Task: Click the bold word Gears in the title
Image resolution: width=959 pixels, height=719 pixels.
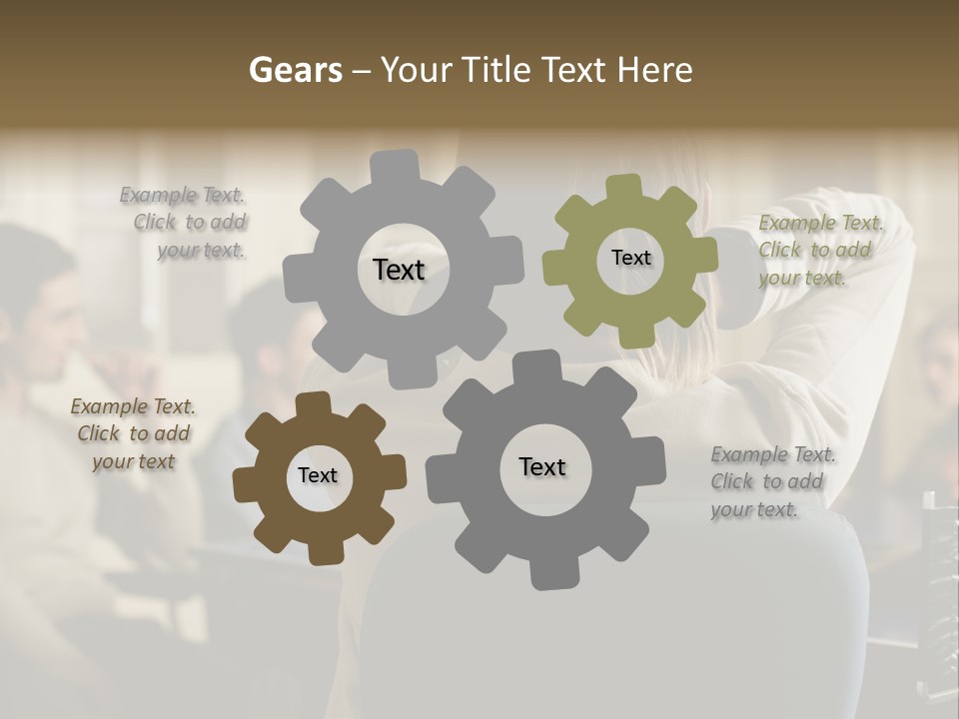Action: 295,70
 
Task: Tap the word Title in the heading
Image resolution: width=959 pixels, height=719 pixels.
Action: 493,70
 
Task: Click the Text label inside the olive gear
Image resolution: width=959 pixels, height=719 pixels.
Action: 630,258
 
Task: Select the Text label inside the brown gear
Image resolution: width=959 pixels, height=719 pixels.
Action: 318,475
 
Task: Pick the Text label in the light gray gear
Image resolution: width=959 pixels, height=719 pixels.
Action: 399,270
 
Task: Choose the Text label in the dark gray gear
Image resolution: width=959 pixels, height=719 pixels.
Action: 541,466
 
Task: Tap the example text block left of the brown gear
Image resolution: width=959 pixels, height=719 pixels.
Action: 133,433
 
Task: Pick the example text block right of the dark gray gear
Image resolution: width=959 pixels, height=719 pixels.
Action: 773,481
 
